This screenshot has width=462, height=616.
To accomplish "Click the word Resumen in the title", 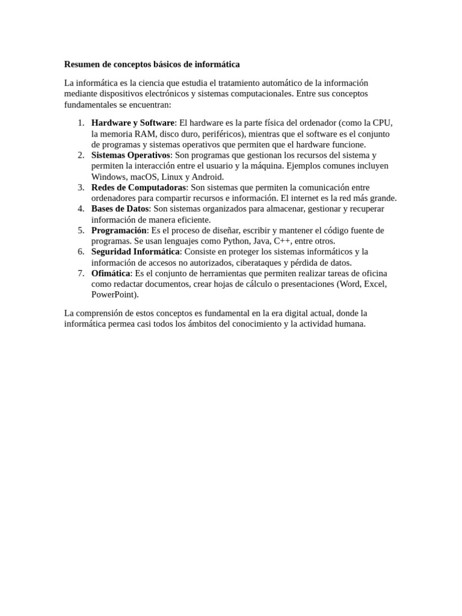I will pos(82,64).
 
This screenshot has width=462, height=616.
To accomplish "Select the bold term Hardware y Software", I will pos(132,123).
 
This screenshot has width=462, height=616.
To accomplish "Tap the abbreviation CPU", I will pos(383,123).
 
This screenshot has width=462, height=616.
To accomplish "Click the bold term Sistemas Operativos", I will pos(131,155).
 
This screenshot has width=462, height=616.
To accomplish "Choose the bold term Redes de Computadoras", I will pos(138,188).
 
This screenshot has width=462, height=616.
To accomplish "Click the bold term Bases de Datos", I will pos(120,209).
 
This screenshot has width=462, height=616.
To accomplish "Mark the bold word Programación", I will pos(119,230).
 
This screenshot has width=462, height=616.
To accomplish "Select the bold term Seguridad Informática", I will pos(135,251).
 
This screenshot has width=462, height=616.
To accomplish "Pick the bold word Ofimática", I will pos(111,273).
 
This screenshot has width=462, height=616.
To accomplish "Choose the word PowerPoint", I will pos(114,295).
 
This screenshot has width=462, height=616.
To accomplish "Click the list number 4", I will pos(81,209).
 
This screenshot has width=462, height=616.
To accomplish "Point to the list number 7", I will pos(81,273).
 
